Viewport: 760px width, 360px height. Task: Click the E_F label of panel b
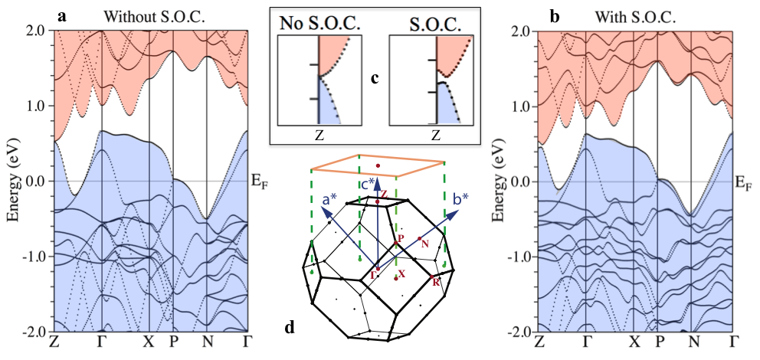744,182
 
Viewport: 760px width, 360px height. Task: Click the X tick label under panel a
150,340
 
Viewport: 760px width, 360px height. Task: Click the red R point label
436,281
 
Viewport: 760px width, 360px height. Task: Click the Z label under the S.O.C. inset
436,136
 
